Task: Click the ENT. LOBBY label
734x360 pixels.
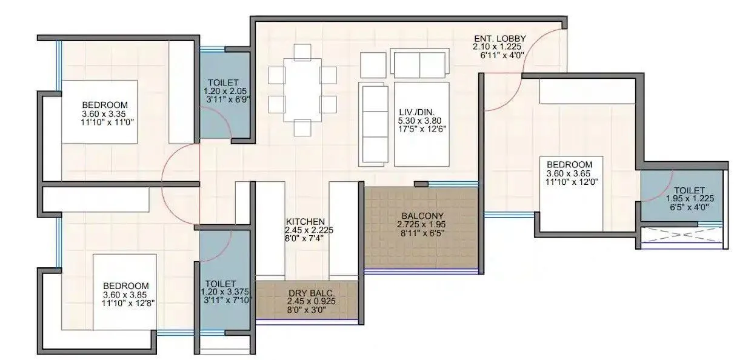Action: [x=499, y=39]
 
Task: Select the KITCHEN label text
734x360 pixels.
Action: [x=306, y=221]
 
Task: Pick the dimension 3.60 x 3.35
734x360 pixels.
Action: [x=106, y=113]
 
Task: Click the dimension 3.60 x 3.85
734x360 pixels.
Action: [x=125, y=295]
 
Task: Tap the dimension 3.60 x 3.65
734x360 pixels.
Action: [x=569, y=173]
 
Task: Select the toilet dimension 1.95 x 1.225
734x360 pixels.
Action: [x=687, y=198]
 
